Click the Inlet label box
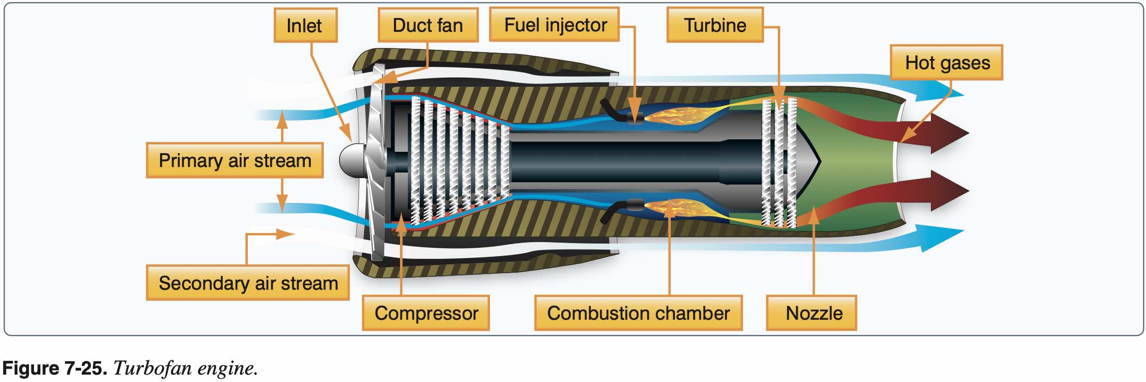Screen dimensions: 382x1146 pyautogui.click(x=305, y=25)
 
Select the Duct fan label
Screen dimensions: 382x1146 pyautogui.click(x=428, y=25)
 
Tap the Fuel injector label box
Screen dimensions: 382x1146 pyautogui.click(x=555, y=25)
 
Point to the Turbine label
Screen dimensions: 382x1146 pyautogui.click(x=715, y=25)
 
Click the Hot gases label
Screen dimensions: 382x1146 pyautogui.click(x=947, y=63)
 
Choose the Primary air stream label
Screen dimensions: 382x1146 pyautogui.click(x=235, y=161)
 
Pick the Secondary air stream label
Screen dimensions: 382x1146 pyautogui.click(x=248, y=283)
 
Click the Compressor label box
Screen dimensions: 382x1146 pyautogui.click(x=426, y=313)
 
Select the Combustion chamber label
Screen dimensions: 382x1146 pyautogui.click(x=638, y=313)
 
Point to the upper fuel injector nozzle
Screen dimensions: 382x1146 pyautogui.click(x=635, y=118)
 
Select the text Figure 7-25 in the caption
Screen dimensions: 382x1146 pyautogui.click(x=54, y=368)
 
